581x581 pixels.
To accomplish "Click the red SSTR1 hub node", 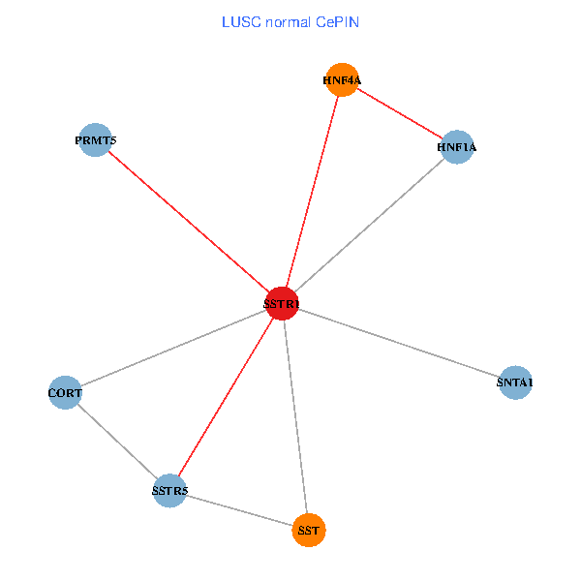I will point(281,304).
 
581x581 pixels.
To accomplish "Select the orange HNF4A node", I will point(342,80).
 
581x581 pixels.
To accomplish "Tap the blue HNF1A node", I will point(456,147).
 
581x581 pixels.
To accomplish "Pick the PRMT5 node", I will point(95,140).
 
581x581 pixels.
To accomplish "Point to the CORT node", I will point(65,393).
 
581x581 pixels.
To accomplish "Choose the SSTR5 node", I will point(169,491).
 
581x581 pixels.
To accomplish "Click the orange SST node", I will point(308,531).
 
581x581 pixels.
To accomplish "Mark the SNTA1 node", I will point(514,382).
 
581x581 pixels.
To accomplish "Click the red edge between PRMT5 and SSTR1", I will point(188,222).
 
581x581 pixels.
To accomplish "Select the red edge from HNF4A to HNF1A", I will point(399,113).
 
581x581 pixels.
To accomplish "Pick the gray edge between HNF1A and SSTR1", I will point(368,226).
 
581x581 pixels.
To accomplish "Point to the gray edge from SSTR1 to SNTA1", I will point(397,343).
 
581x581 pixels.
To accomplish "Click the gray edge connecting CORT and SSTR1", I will point(172,349).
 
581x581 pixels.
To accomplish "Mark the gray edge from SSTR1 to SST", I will point(294,417).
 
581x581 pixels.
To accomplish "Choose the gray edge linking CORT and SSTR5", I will point(117,442).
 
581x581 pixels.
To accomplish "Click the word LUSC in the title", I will point(238,21).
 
